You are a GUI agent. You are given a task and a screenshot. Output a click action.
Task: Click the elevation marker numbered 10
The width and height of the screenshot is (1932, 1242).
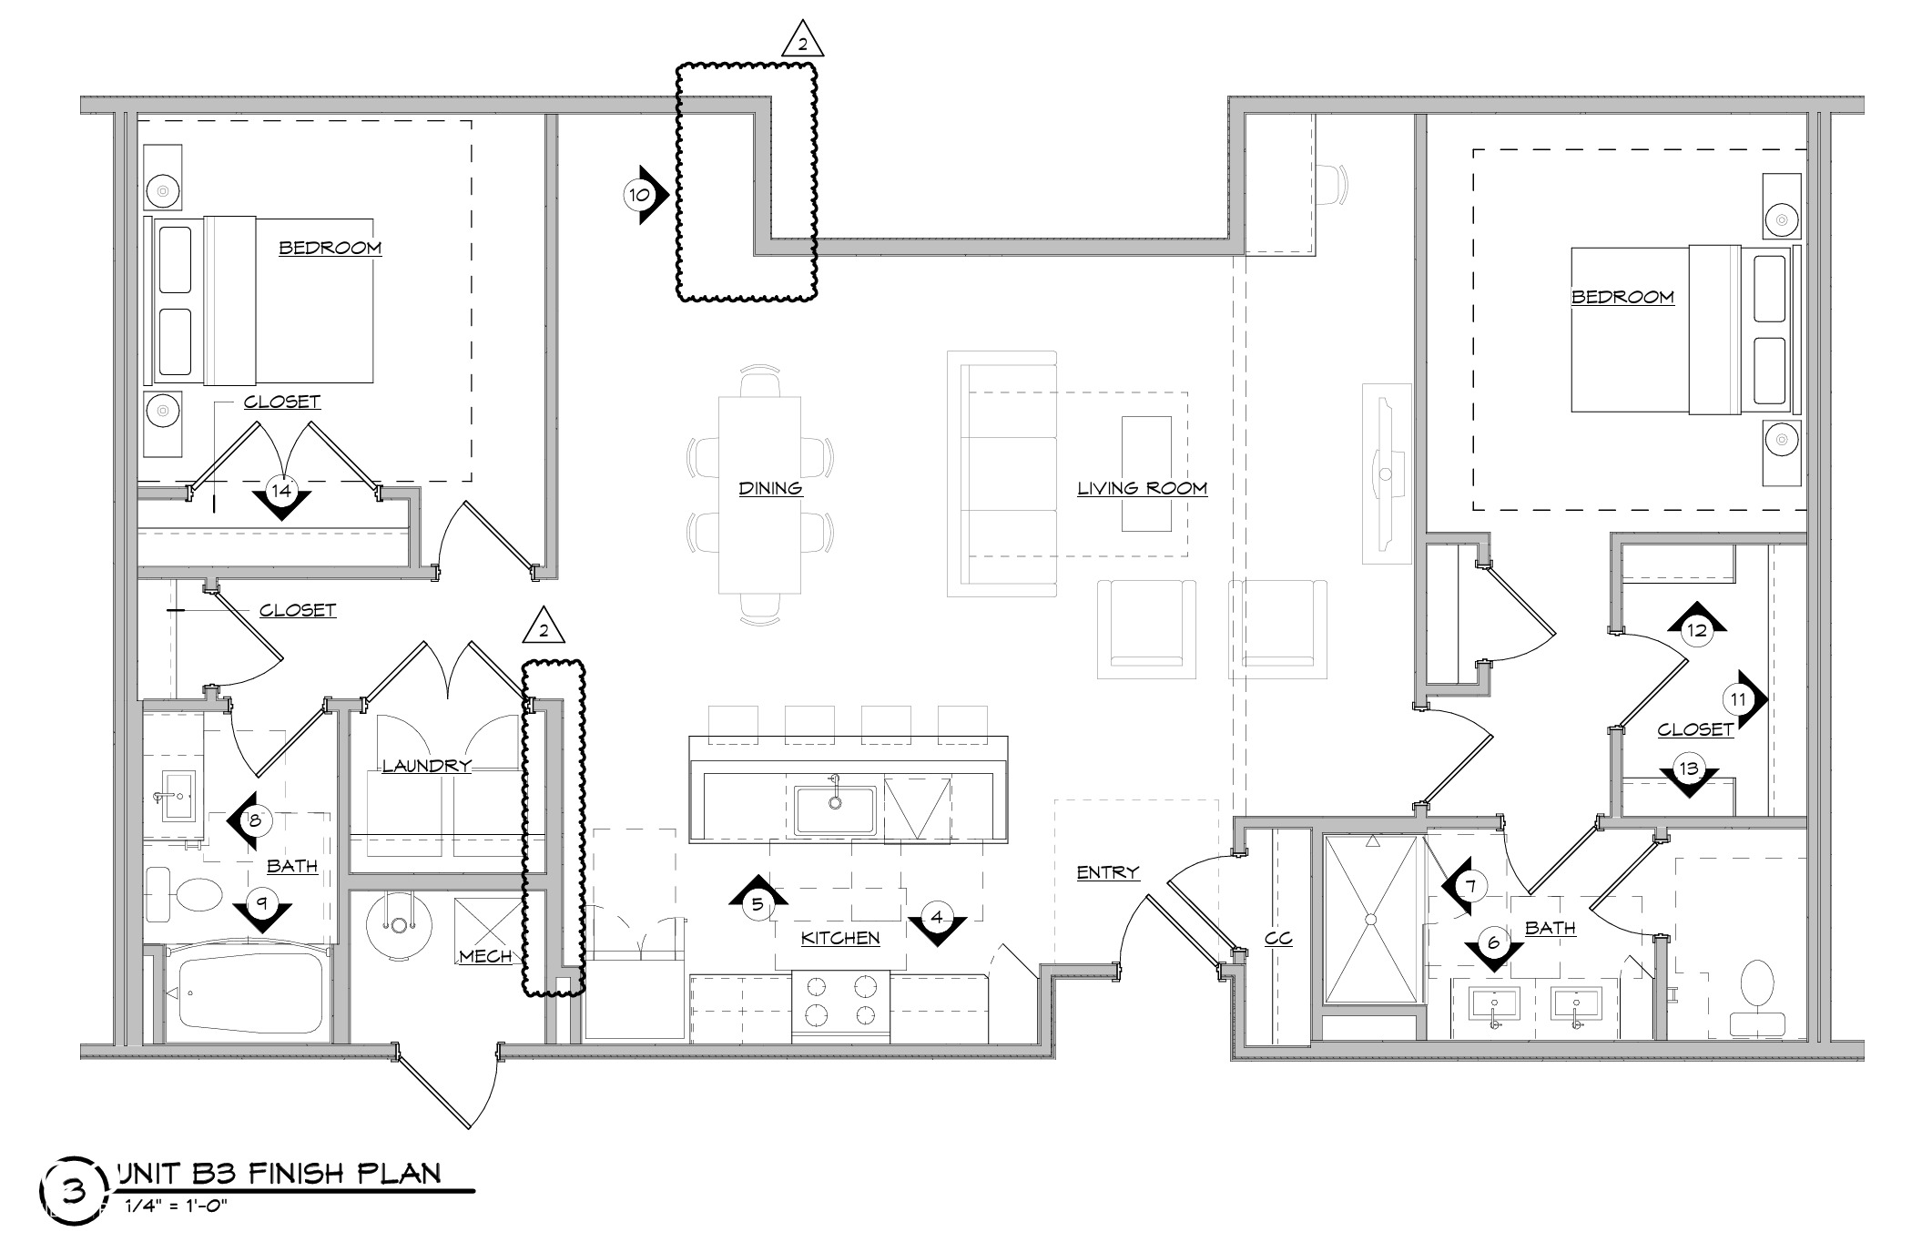click(640, 195)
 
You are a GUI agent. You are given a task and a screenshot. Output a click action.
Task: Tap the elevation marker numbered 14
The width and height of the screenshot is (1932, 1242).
click(281, 492)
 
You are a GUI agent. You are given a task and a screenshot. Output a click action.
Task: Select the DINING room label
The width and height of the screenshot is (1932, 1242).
click(770, 488)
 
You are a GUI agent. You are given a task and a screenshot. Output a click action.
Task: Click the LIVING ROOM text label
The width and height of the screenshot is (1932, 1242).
click(1142, 488)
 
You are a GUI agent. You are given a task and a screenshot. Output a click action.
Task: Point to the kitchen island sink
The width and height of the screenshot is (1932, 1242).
click(834, 809)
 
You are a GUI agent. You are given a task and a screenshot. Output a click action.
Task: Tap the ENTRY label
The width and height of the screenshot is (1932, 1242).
click(1107, 872)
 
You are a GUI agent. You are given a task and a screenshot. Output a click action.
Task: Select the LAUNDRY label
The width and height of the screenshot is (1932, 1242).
click(426, 766)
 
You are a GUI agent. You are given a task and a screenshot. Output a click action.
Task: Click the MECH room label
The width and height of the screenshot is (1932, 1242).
click(485, 956)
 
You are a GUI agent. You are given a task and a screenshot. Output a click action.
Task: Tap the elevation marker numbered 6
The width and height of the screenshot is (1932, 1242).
click(1492, 942)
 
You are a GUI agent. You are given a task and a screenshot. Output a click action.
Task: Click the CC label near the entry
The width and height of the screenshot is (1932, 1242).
click(1278, 938)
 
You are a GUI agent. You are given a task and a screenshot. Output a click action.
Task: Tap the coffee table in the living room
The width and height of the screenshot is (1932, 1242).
click(1146, 473)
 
